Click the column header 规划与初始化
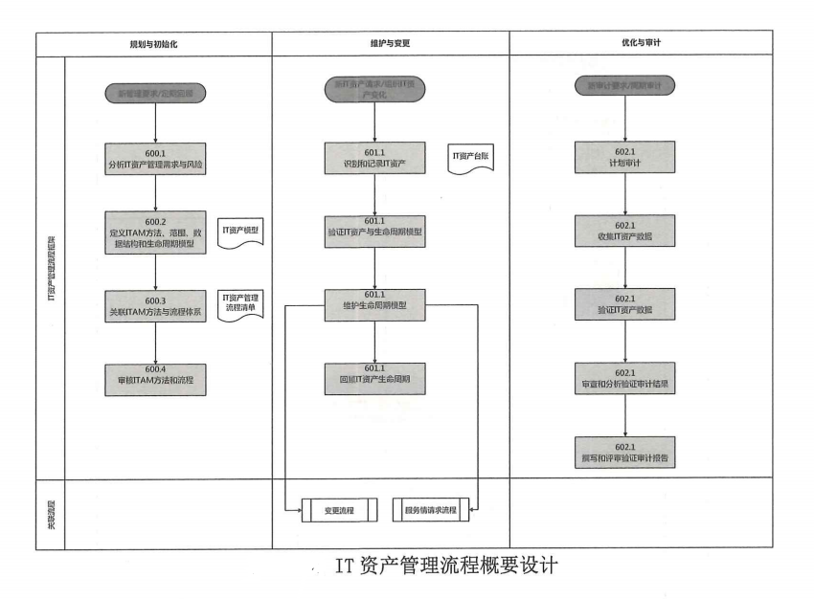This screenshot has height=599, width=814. point(154,44)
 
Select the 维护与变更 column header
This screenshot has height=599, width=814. point(389,44)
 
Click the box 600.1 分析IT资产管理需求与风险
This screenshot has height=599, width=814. point(155,158)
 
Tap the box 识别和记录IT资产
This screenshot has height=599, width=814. point(374,158)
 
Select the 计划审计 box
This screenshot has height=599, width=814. point(626,158)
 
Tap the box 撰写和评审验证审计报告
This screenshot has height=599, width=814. point(626,452)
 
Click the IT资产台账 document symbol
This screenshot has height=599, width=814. point(472,157)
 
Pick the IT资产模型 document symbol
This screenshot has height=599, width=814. point(240,233)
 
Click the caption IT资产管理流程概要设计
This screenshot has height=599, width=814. point(446,566)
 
